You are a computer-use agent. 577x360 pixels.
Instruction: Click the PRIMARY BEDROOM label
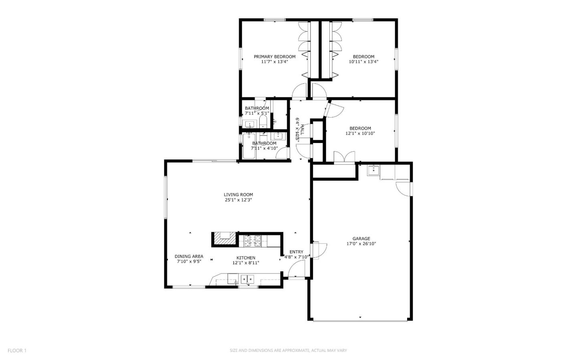[x=274, y=56]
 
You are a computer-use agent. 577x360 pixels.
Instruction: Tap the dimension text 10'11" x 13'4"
[x=363, y=62]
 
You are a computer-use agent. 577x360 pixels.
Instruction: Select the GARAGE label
[x=361, y=239]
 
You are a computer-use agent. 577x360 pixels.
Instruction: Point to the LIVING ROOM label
[x=238, y=195]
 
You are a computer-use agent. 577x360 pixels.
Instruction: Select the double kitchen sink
[x=247, y=279]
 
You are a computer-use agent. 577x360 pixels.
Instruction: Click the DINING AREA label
[x=189, y=256]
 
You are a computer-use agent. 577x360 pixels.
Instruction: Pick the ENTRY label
[x=296, y=252]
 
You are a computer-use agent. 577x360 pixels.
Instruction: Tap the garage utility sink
[x=373, y=170]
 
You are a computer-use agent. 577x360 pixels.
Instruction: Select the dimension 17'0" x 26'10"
[x=361, y=243]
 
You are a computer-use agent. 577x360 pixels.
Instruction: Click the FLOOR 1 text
[x=17, y=350]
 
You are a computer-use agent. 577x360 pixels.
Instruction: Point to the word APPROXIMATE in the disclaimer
[x=296, y=350]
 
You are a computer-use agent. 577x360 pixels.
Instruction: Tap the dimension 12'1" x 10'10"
[x=360, y=133]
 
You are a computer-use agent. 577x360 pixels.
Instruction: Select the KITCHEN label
[x=246, y=258]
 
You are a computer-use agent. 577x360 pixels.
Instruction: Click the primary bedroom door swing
[x=299, y=92]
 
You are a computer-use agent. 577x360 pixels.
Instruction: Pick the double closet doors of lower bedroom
[x=344, y=157]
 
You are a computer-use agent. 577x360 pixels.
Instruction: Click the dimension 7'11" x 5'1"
[x=257, y=113]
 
